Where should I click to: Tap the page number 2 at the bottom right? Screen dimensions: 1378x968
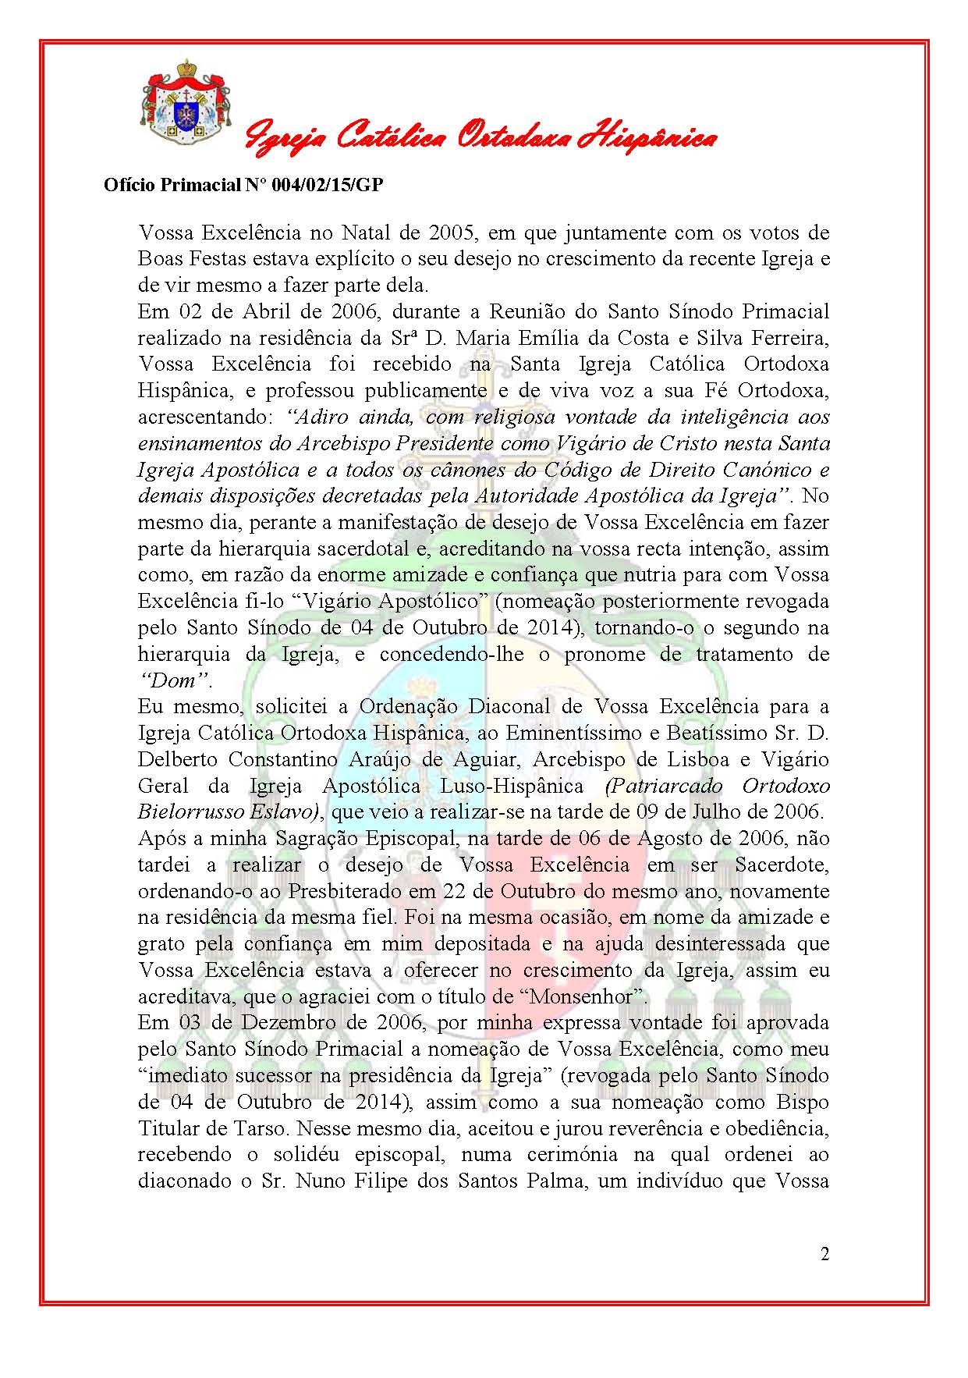click(x=824, y=1255)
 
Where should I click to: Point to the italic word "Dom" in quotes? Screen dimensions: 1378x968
click(x=174, y=680)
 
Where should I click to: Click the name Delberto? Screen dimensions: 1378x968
click(x=176, y=759)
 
